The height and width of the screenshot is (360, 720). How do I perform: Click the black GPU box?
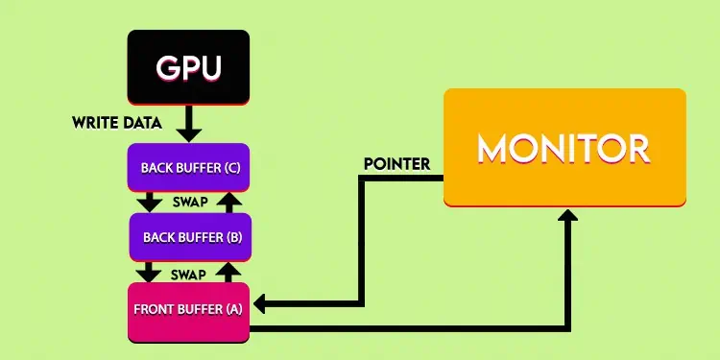188,66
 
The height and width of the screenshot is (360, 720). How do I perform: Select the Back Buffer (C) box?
188,168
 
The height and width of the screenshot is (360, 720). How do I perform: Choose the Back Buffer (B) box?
190,236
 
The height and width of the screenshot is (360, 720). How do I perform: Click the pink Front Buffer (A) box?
188,310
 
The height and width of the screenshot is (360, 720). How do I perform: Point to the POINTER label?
396,164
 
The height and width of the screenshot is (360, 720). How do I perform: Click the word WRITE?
95,123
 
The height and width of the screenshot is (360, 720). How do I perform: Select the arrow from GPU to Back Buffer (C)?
189,123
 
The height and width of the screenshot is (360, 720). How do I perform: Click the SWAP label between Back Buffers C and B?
189,204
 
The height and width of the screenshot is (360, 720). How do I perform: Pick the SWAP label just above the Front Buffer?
189,274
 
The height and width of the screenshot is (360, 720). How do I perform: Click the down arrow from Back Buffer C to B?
149,203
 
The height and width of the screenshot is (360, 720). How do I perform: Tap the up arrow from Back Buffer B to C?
227,202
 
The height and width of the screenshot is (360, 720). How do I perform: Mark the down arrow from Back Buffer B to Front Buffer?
149,272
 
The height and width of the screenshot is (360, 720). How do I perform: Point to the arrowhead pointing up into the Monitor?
568,216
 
